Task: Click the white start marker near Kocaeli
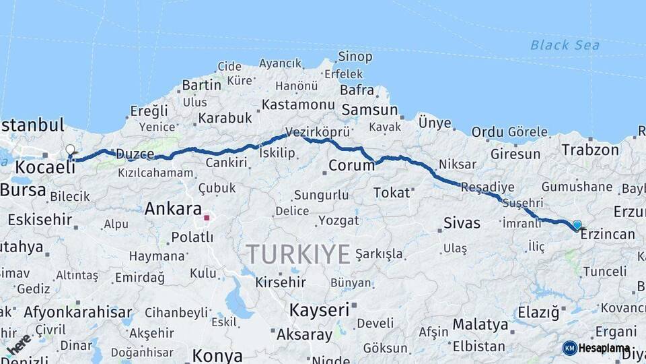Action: [x=70, y=150]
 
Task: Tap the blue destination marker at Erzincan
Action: [x=577, y=225]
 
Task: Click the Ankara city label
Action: [x=173, y=209]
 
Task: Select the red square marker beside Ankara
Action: [x=207, y=218]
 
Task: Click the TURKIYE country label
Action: [x=297, y=254]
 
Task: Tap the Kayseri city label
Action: [x=319, y=310]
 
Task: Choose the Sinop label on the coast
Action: [x=355, y=57]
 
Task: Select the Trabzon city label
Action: [x=590, y=150]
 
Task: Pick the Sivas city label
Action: [x=462, y=222]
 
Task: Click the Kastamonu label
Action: [x=298, y=104]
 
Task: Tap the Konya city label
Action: [x=217, y=355]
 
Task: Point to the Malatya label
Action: [x=480, y=324]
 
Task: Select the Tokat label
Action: [x=392, y=193]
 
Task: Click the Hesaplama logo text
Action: [x=604, y=348]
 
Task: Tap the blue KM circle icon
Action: [x=569, y=348]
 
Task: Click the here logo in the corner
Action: [x=18, y=344]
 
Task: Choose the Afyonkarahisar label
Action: [x=78, y=312]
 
